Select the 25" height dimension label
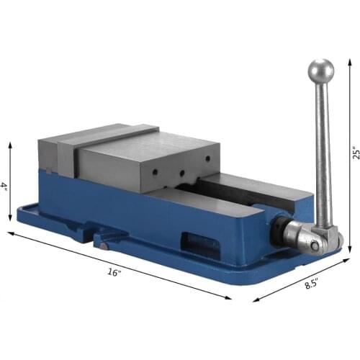pyautogui.click(x=354, y=156)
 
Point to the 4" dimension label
pyautogui.click(x=4, y=186)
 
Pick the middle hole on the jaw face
pyautogui.click(x=181, y=172)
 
